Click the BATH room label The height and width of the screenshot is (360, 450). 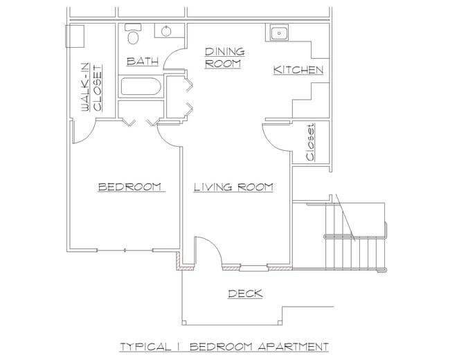[143, 61]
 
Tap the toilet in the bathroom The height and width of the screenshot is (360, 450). [133, 34]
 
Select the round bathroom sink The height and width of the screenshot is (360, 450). [166, 31]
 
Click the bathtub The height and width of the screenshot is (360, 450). [141, 87]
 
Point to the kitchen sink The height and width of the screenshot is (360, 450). [279, 33]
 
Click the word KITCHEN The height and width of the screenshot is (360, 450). [298, 70]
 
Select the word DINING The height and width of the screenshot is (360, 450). [225, 52]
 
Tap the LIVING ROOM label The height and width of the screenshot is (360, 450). [233, 187]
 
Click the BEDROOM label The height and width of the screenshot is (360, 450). [129, 187]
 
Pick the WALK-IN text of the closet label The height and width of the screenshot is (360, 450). [85, 87]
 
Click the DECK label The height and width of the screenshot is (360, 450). [245, 294]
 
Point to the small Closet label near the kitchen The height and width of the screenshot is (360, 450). [310, 143]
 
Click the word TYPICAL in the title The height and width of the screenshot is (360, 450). [145, 347]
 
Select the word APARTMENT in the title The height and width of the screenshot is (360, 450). [293, 347]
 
